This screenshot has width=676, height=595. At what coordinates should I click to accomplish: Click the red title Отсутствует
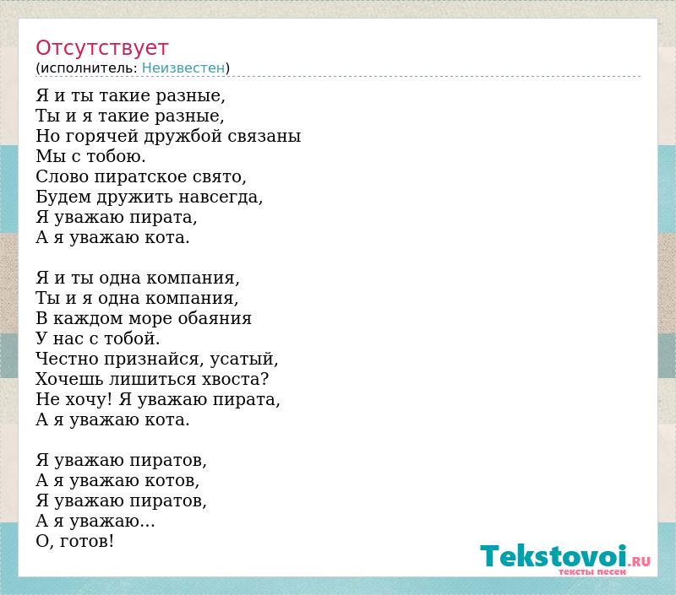(x=101, y=47)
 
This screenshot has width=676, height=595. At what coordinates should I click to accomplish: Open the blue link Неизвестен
(x=183, y=68)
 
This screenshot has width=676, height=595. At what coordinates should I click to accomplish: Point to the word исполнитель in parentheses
(x=89, y=68)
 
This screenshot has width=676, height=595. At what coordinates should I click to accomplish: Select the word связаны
(x=264, y=136)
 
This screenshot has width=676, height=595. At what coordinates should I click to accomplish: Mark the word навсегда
(x=221, y=197)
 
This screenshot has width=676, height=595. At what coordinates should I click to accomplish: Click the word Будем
(x=63, y=197)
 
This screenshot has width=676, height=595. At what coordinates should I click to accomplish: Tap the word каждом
(x=89, y=318)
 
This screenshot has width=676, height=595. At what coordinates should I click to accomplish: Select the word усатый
(x=244, y=359)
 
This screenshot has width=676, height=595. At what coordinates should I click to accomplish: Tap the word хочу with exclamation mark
(x=89, y=399)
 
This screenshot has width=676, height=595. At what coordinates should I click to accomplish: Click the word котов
(x=172, y=481)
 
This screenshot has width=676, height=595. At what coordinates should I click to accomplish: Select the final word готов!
(x=87, y=541)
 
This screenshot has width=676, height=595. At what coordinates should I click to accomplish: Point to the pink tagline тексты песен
(x=592, y=571)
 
